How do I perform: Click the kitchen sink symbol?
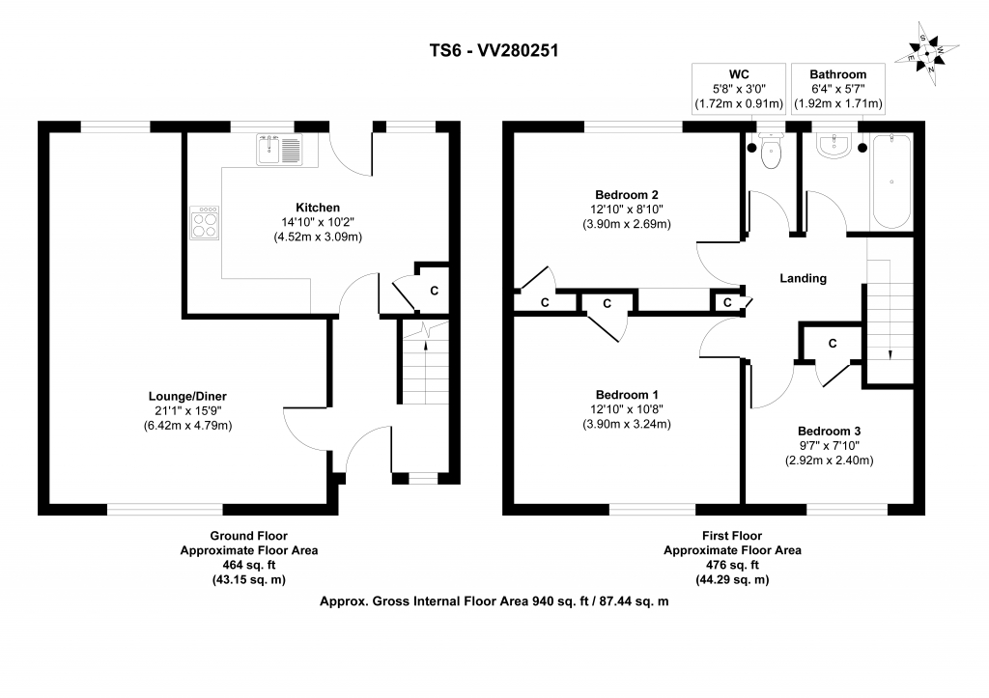click(279, 150)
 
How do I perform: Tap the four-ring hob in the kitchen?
click(205, 224)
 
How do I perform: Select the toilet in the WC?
click(771, 152)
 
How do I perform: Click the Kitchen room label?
click(318, 208)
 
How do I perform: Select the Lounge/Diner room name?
click(187, 396)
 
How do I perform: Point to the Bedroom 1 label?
click(627, 395)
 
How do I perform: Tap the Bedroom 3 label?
click(829, 432)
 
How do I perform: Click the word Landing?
click(804, 278)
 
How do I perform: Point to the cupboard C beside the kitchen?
click(433, 289)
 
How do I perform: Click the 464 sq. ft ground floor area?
click(248, 565)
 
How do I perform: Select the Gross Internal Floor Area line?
click(494, 600)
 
